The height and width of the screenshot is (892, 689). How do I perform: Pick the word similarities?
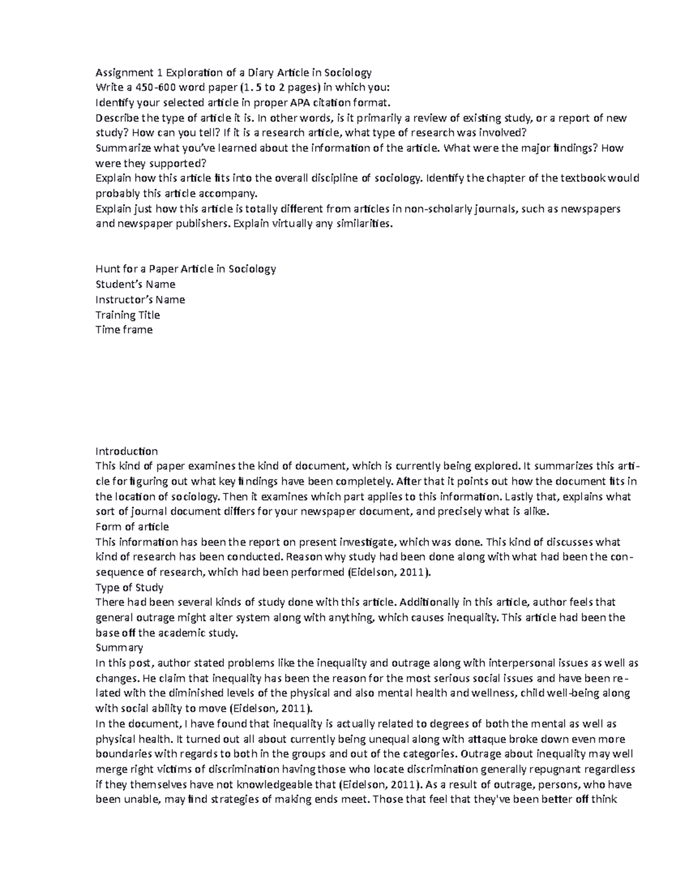click(365, 223)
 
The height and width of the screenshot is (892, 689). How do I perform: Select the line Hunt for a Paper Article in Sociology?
click(185, 269)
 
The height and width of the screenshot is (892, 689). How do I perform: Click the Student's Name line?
click(136, 284)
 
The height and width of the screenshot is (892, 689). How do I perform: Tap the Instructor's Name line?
click(140, 299)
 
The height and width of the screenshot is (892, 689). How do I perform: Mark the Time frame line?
click(124, 330)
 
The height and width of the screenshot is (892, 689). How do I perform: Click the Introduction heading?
click(126, 451)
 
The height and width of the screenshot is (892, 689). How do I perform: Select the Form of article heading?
click(132, 527)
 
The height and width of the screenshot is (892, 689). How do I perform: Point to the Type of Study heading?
click(129, 587)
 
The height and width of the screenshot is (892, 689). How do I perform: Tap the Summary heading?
click(119, 647)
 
